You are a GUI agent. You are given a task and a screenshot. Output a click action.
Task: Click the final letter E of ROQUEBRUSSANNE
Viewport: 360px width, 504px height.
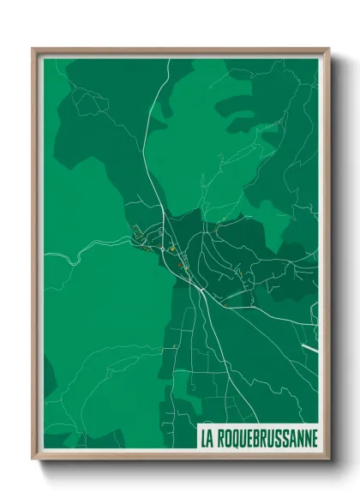315,438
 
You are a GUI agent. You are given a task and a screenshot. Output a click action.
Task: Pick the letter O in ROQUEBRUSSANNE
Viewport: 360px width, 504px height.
227,438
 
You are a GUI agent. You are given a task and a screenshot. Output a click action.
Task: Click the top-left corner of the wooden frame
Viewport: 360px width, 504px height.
33,49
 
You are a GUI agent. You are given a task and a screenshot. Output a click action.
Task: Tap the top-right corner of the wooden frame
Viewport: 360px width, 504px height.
328,49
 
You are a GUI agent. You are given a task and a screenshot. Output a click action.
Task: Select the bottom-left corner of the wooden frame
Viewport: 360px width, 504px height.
33,459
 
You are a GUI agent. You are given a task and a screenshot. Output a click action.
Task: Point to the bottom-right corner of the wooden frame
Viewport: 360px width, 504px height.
328,459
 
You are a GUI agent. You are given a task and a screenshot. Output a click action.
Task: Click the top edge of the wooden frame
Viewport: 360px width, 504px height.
180,50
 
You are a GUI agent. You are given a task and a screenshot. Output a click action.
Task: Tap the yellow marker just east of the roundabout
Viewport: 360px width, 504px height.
172,249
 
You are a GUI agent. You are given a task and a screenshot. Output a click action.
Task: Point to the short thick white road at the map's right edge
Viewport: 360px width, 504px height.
310,347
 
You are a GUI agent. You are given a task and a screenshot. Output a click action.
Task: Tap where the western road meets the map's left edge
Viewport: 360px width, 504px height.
45,255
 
